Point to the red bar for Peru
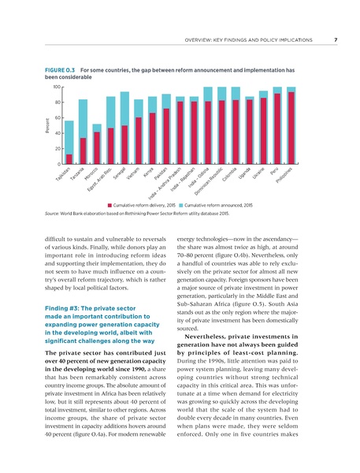pyautogui.click(x=277, y=128)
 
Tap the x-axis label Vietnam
pyautogui.click(x=133, y=174)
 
